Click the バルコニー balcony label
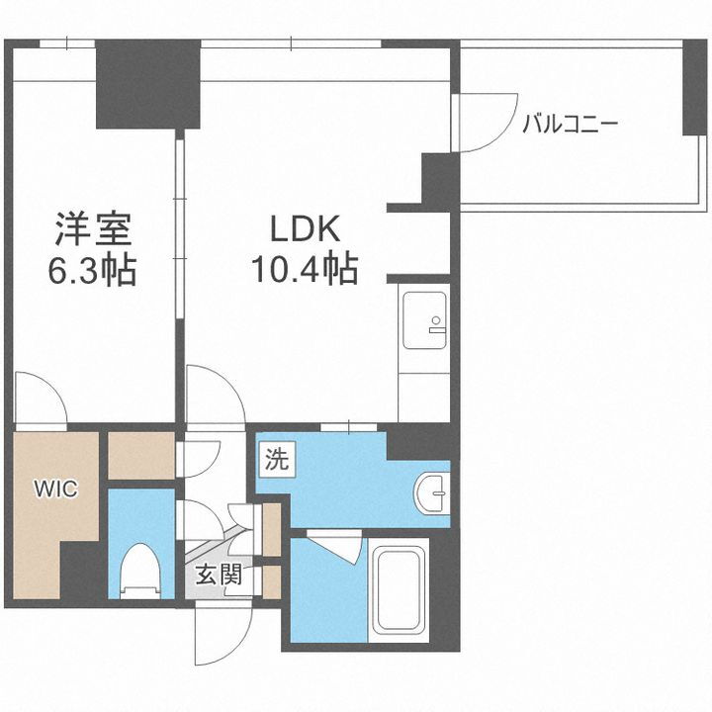pyautogui.click(x=570, y=125)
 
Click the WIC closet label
pyautogui.click(x=53, y=489)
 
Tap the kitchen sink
pyautogui.click(x=424, y=319)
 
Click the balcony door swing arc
pyautogui.click(x=485, y=124)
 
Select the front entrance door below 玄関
pyautogui.click(x=220, y=633)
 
